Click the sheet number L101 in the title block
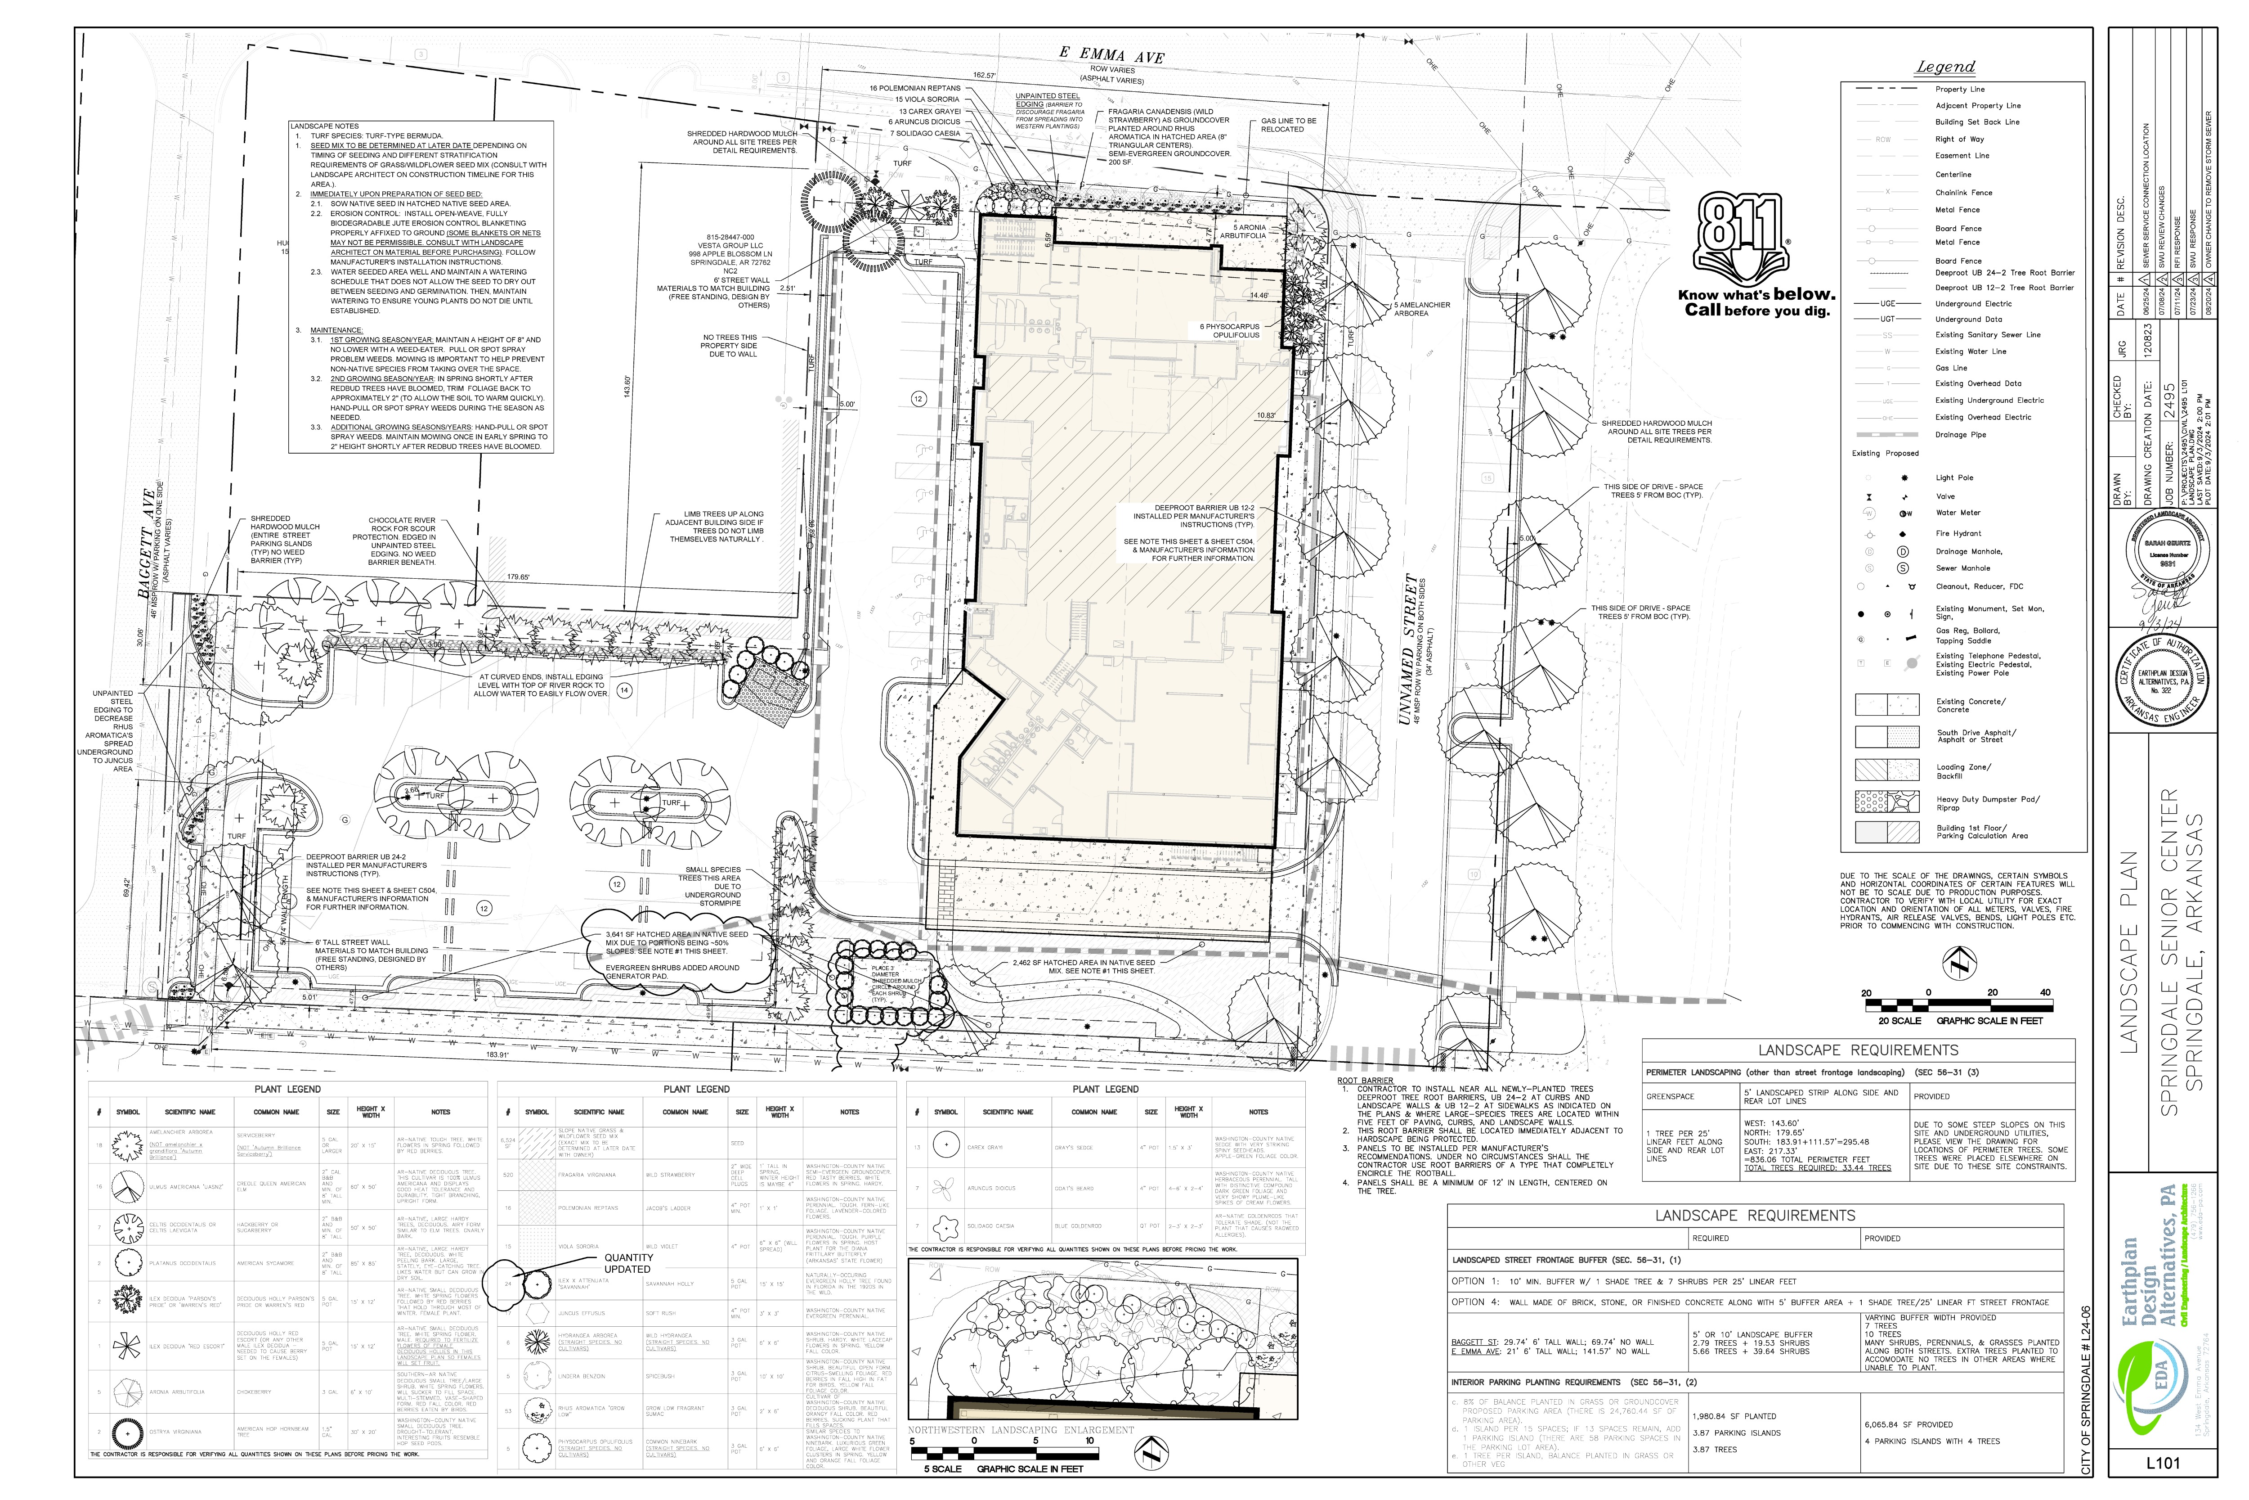(x=2162, y=1463)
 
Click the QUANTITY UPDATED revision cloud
(x=627, y=1263)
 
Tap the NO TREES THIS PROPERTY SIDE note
(x=730, y=345)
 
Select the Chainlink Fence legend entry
(x=1963, y=192)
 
